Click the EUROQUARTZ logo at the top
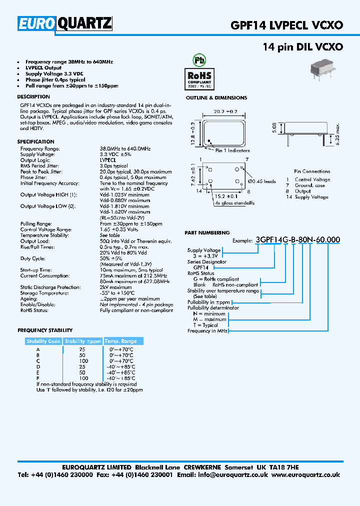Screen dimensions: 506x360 pyautogui.click(x=65, y=23)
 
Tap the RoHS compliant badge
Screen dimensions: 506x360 pyautogui.click(x=199, y=78)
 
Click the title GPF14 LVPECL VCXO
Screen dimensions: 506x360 pyautogui.click(x=286, y=25)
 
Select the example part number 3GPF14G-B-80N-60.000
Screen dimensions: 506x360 pyautogui.click(x=297, y=239)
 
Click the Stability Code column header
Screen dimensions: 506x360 pyautogui.click(x=43, y=341)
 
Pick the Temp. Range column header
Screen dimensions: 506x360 pyautogui.click(x=120, y=341)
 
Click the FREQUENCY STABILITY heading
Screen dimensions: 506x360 pyautogui.click(x=45, y=330)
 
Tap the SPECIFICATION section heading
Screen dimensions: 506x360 pyautogui.click(x=36, y=142)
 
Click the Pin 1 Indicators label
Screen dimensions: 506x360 pyautogui.click(x=232, y=150)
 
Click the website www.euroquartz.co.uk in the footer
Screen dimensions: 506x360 pyautogui.click(x=306, y=475)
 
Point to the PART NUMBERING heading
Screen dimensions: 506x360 pyautogui.click(x=207, y=232)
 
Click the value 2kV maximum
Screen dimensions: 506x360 pyautogui.click(x=116, y=287)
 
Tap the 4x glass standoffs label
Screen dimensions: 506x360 pyautogui.click(x=234, y=203)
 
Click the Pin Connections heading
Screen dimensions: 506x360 pyautogui.click(x=312, y=171)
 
